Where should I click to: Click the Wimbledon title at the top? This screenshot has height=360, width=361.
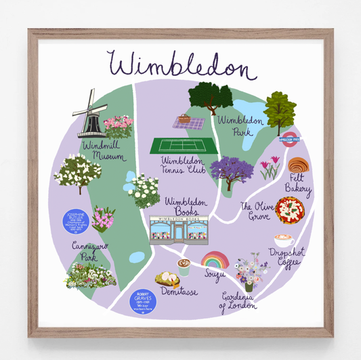click(179, 66)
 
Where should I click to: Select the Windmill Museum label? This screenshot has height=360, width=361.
click(103, 151)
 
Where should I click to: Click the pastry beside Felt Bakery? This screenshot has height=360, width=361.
click(297, 165)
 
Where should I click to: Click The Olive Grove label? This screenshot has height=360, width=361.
click(255, 211)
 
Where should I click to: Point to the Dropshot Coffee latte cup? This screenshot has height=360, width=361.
click(284, 241)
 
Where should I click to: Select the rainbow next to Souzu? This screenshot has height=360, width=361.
click(215, 260)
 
